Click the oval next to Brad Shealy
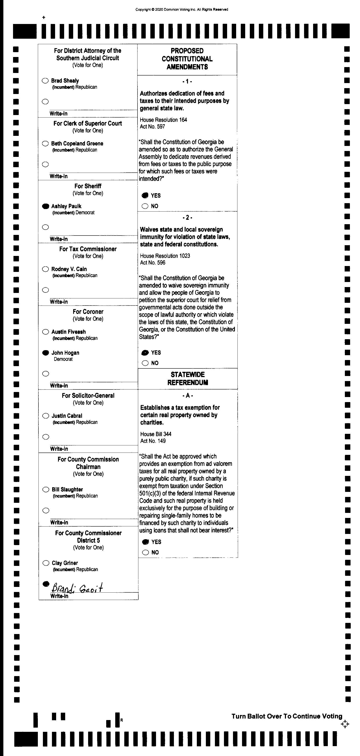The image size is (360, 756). pos(45,81)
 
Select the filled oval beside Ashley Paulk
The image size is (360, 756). pos(45,206)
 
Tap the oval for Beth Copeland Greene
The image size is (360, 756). pos(45,143)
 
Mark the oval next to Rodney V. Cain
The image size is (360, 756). pos(45,269)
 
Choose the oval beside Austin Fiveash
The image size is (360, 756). pos(45,332)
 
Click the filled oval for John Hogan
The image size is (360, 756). pos(45,353)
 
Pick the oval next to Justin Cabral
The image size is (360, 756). pos(46,416)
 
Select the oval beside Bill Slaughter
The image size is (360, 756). pos(46,490)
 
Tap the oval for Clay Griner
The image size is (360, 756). pos(46,563)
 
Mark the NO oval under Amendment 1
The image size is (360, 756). pos(145,206)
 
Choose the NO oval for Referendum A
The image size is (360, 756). pos(146,552)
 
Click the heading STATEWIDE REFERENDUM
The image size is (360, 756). pos(188,378)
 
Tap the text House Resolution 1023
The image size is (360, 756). pos(165,256)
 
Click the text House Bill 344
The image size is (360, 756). pos(156,434)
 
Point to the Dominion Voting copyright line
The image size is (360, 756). pos(182,9)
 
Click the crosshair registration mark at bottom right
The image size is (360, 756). pos(345,724)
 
